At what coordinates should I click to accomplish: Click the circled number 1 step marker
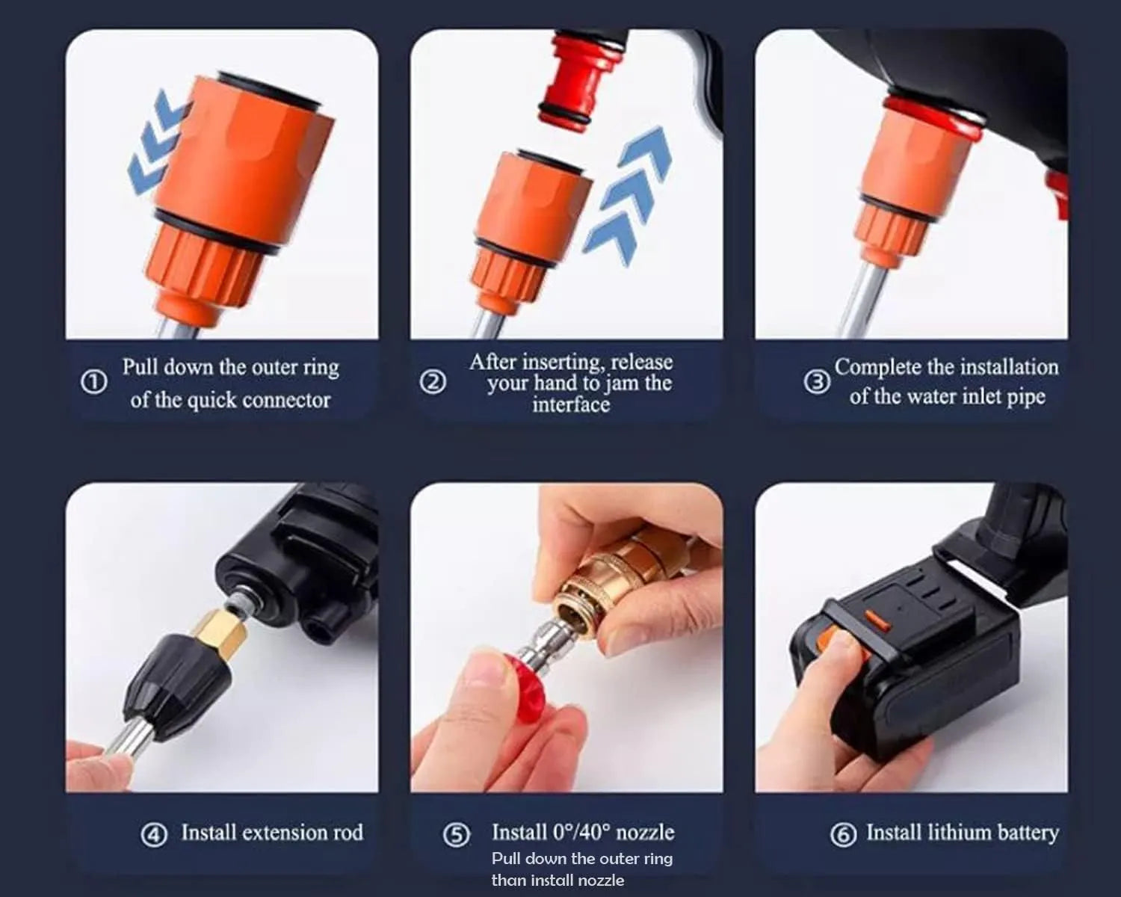click(93, 383)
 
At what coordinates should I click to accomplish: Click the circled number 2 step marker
click(433, 383)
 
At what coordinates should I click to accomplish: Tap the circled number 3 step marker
click(817, 382)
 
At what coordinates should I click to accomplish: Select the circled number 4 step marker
click(154, 834)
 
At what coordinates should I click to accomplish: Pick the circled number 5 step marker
click(457, 834)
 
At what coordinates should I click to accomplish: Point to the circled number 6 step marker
click(843, 834)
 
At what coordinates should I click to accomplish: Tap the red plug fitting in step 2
click(573, 78)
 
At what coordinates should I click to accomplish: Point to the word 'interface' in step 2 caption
click(571, 405)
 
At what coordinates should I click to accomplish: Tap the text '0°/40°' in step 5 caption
click(581, 832)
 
